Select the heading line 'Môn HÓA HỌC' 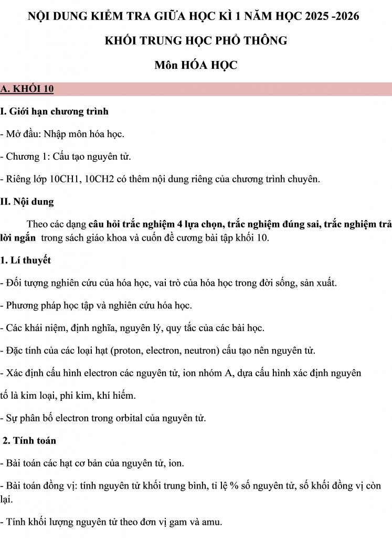click(196, 65)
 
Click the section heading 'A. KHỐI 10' click(27, 89)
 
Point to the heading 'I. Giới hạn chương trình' click(55, 111)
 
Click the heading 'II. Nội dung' click(27, 202)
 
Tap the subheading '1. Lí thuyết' click(26, 260)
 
